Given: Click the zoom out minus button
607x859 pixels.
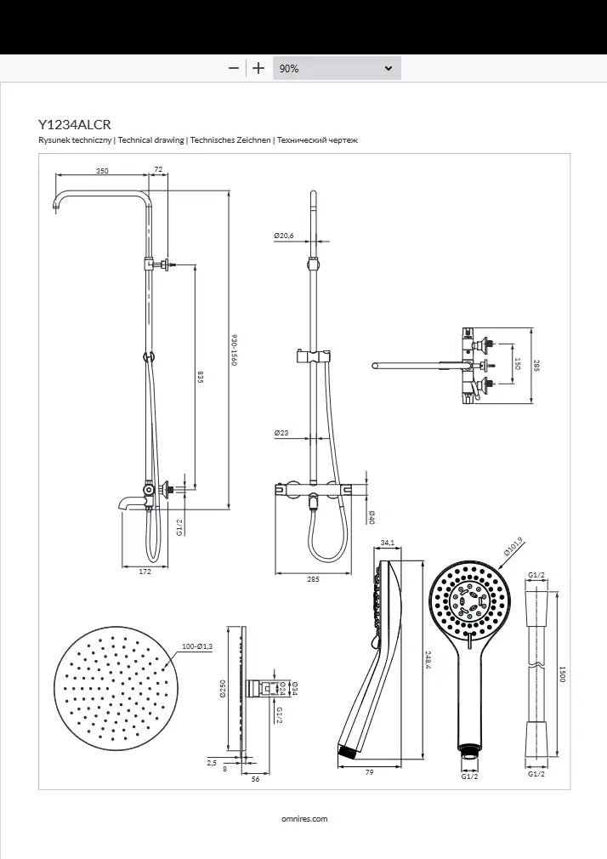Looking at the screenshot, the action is click(x=234, y=69).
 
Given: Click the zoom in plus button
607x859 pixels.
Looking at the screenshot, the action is click(x=258, y=69).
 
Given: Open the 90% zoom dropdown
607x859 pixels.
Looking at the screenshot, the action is click(x=337, y=69).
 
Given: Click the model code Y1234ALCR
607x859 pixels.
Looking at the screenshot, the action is click(x=75, y=124).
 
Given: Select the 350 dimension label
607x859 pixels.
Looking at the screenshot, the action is click(x=103, y=171).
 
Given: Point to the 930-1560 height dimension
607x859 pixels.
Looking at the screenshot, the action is click(x=234, y=350).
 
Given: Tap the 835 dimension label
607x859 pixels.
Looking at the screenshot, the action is click(x=201, y=378).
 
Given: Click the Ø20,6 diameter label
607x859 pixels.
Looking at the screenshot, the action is click(x=284, y=236).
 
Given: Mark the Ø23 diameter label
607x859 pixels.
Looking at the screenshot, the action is click(x=281, y=433).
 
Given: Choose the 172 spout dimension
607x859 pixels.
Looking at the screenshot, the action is click(x=145, y=572).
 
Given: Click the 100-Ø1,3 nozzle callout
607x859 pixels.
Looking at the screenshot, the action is click(x=197, y=646).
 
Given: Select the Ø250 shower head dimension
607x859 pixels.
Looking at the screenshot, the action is click(x=223, y=689).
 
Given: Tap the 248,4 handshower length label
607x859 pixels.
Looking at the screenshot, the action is click(x=428, y=661).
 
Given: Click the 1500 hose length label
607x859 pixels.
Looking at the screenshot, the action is click(x=562, y=674).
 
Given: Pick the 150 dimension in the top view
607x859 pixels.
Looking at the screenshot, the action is click(x=518, y=363).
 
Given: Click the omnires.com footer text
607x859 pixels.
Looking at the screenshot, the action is click(x=304, y=819).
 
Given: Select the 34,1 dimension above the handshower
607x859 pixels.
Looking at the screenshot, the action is click(x=388, y=543).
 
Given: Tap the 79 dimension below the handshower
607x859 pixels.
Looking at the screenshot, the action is click(x=369, y=772).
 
